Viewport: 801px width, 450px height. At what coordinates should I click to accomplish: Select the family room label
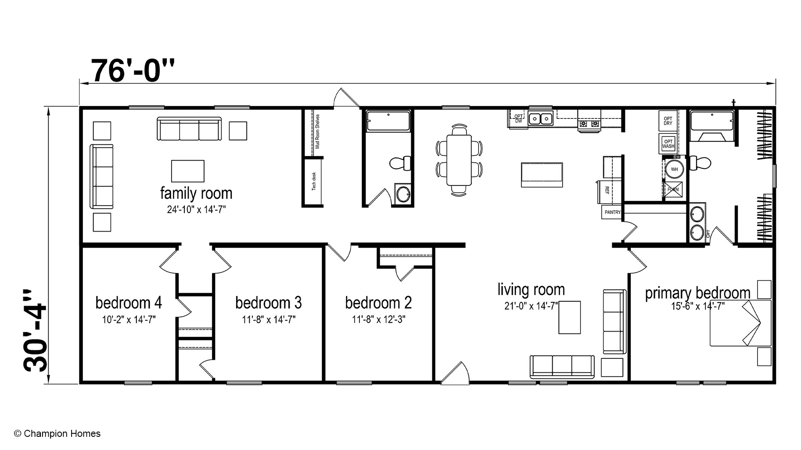[196, 193]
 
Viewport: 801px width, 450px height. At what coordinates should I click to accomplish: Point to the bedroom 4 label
[129, 303]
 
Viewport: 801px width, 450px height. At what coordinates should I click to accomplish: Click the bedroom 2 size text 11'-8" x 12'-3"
[378, 320]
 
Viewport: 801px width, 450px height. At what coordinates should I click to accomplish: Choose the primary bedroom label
[697, 293]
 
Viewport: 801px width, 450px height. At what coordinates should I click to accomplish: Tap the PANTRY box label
[612, 212]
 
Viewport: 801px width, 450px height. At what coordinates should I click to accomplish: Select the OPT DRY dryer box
[668, 121]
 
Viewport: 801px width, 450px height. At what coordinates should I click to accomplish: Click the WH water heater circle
[674, 169]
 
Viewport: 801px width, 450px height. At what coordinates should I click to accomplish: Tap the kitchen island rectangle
[542, 175]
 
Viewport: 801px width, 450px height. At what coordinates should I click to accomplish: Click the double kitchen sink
[540, 118]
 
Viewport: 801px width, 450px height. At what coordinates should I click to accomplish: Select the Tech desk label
[314, 181]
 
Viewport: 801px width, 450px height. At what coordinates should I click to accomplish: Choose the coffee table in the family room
[187, 171]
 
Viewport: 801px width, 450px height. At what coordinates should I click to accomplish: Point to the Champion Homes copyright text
[57, 434]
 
